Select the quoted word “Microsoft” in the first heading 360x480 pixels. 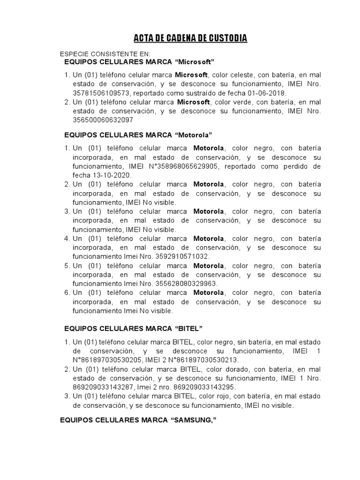(x=195, y=62)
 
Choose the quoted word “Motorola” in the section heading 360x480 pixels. (x=194, y=135)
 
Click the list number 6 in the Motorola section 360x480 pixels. (x=67, y=292)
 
